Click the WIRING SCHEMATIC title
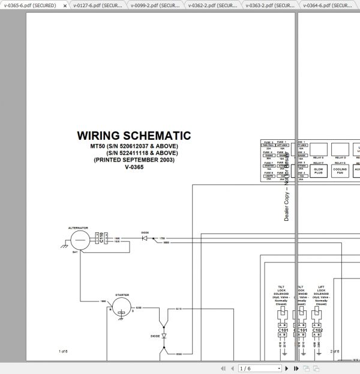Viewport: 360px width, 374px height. tap(134, 136)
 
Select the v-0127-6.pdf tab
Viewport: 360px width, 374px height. tap(96, 5)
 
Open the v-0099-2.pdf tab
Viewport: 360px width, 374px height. tap(154, 5)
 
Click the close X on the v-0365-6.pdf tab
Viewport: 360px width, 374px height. tap(65, 5)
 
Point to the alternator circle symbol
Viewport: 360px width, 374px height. tap(79, 240)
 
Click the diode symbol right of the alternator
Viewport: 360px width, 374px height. tap(145, 238)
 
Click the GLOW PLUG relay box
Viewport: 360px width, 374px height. tap(318, 170)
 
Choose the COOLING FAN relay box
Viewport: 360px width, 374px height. tap(340, 170)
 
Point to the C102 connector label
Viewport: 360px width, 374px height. tap(318, 330)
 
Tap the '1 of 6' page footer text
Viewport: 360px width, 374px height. tap(62, 351)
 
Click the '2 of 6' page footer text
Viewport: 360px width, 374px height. tap(335, 351)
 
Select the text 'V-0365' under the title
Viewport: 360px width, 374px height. tap(134, 167)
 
